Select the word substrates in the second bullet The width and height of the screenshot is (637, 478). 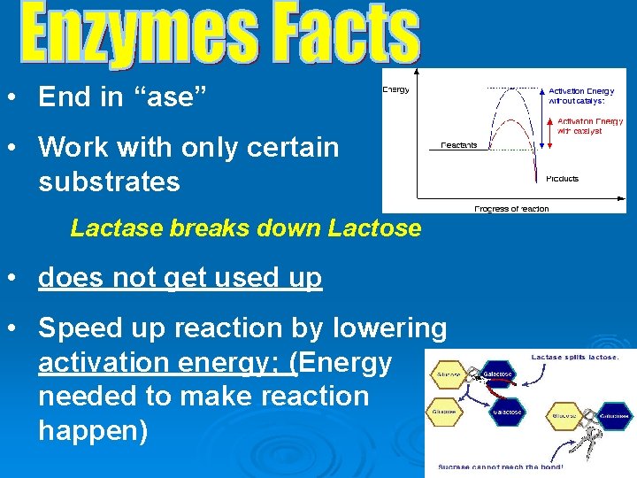[x=109, y=182]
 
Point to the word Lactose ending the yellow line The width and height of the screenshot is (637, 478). [x=374, y=228]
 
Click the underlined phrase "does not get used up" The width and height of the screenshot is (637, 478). [x=180, y=278]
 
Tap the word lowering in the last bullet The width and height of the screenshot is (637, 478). [x=390, y=328]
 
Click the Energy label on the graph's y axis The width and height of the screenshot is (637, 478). [x=395, y=90]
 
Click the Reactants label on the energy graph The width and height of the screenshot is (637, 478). [x=459, y=145]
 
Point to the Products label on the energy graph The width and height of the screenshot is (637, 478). [x=562, y=178]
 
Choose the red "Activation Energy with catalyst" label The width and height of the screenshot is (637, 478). [x=589, y=126]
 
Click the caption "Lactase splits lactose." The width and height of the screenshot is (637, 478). [x=575, y=357]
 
